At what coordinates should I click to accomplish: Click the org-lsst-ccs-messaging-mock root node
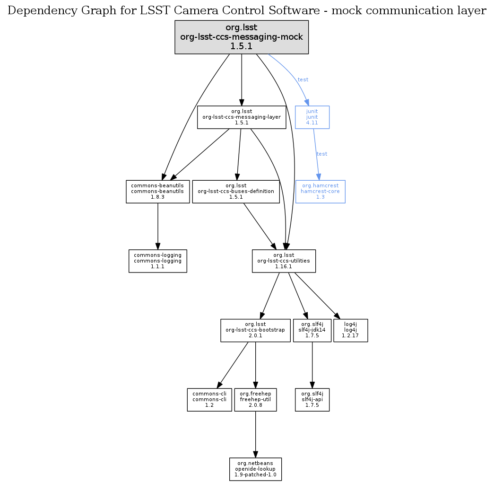pyautogui.click(x=242, y=37)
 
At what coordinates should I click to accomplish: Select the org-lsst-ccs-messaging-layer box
pyautogui.click(x=242, y=117)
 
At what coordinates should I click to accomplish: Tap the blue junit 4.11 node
pyautogui.click(x=312, y=117)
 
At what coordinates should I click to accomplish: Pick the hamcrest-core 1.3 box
pyautogui.click(x=320, y=192)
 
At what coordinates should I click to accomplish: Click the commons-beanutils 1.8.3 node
pyautogui.click(x=158, y=192)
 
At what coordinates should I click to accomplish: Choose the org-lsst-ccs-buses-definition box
pyautogui.click(x=236, y=192)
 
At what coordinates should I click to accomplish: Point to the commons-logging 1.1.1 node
pyautogui.click(x=158, y=261)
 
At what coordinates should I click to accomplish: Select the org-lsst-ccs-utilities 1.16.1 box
pyautogui.click(x=284, y=261)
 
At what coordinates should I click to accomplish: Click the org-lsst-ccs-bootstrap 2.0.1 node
pyautogui.click(x=255, y=330)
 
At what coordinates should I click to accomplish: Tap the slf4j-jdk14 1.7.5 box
pyautogui.click(x=312, y=330)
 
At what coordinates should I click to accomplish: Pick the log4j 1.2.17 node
pyautogui.click(x=350, y=330)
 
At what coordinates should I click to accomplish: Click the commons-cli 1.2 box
pyautogui.click(x=209, y=400)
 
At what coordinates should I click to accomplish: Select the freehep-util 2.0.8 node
pyautogui.click(x=255, y=400)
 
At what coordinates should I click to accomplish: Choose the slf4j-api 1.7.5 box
pyautogui.click(x=312, y=400)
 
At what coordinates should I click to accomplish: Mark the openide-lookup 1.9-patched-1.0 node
pyautogui.click(x=255, y=469)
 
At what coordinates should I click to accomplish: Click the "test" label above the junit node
pyautogui.click(x=303, y=79)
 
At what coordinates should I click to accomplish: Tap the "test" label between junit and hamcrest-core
pyautogui.click(x=321, y=154)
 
